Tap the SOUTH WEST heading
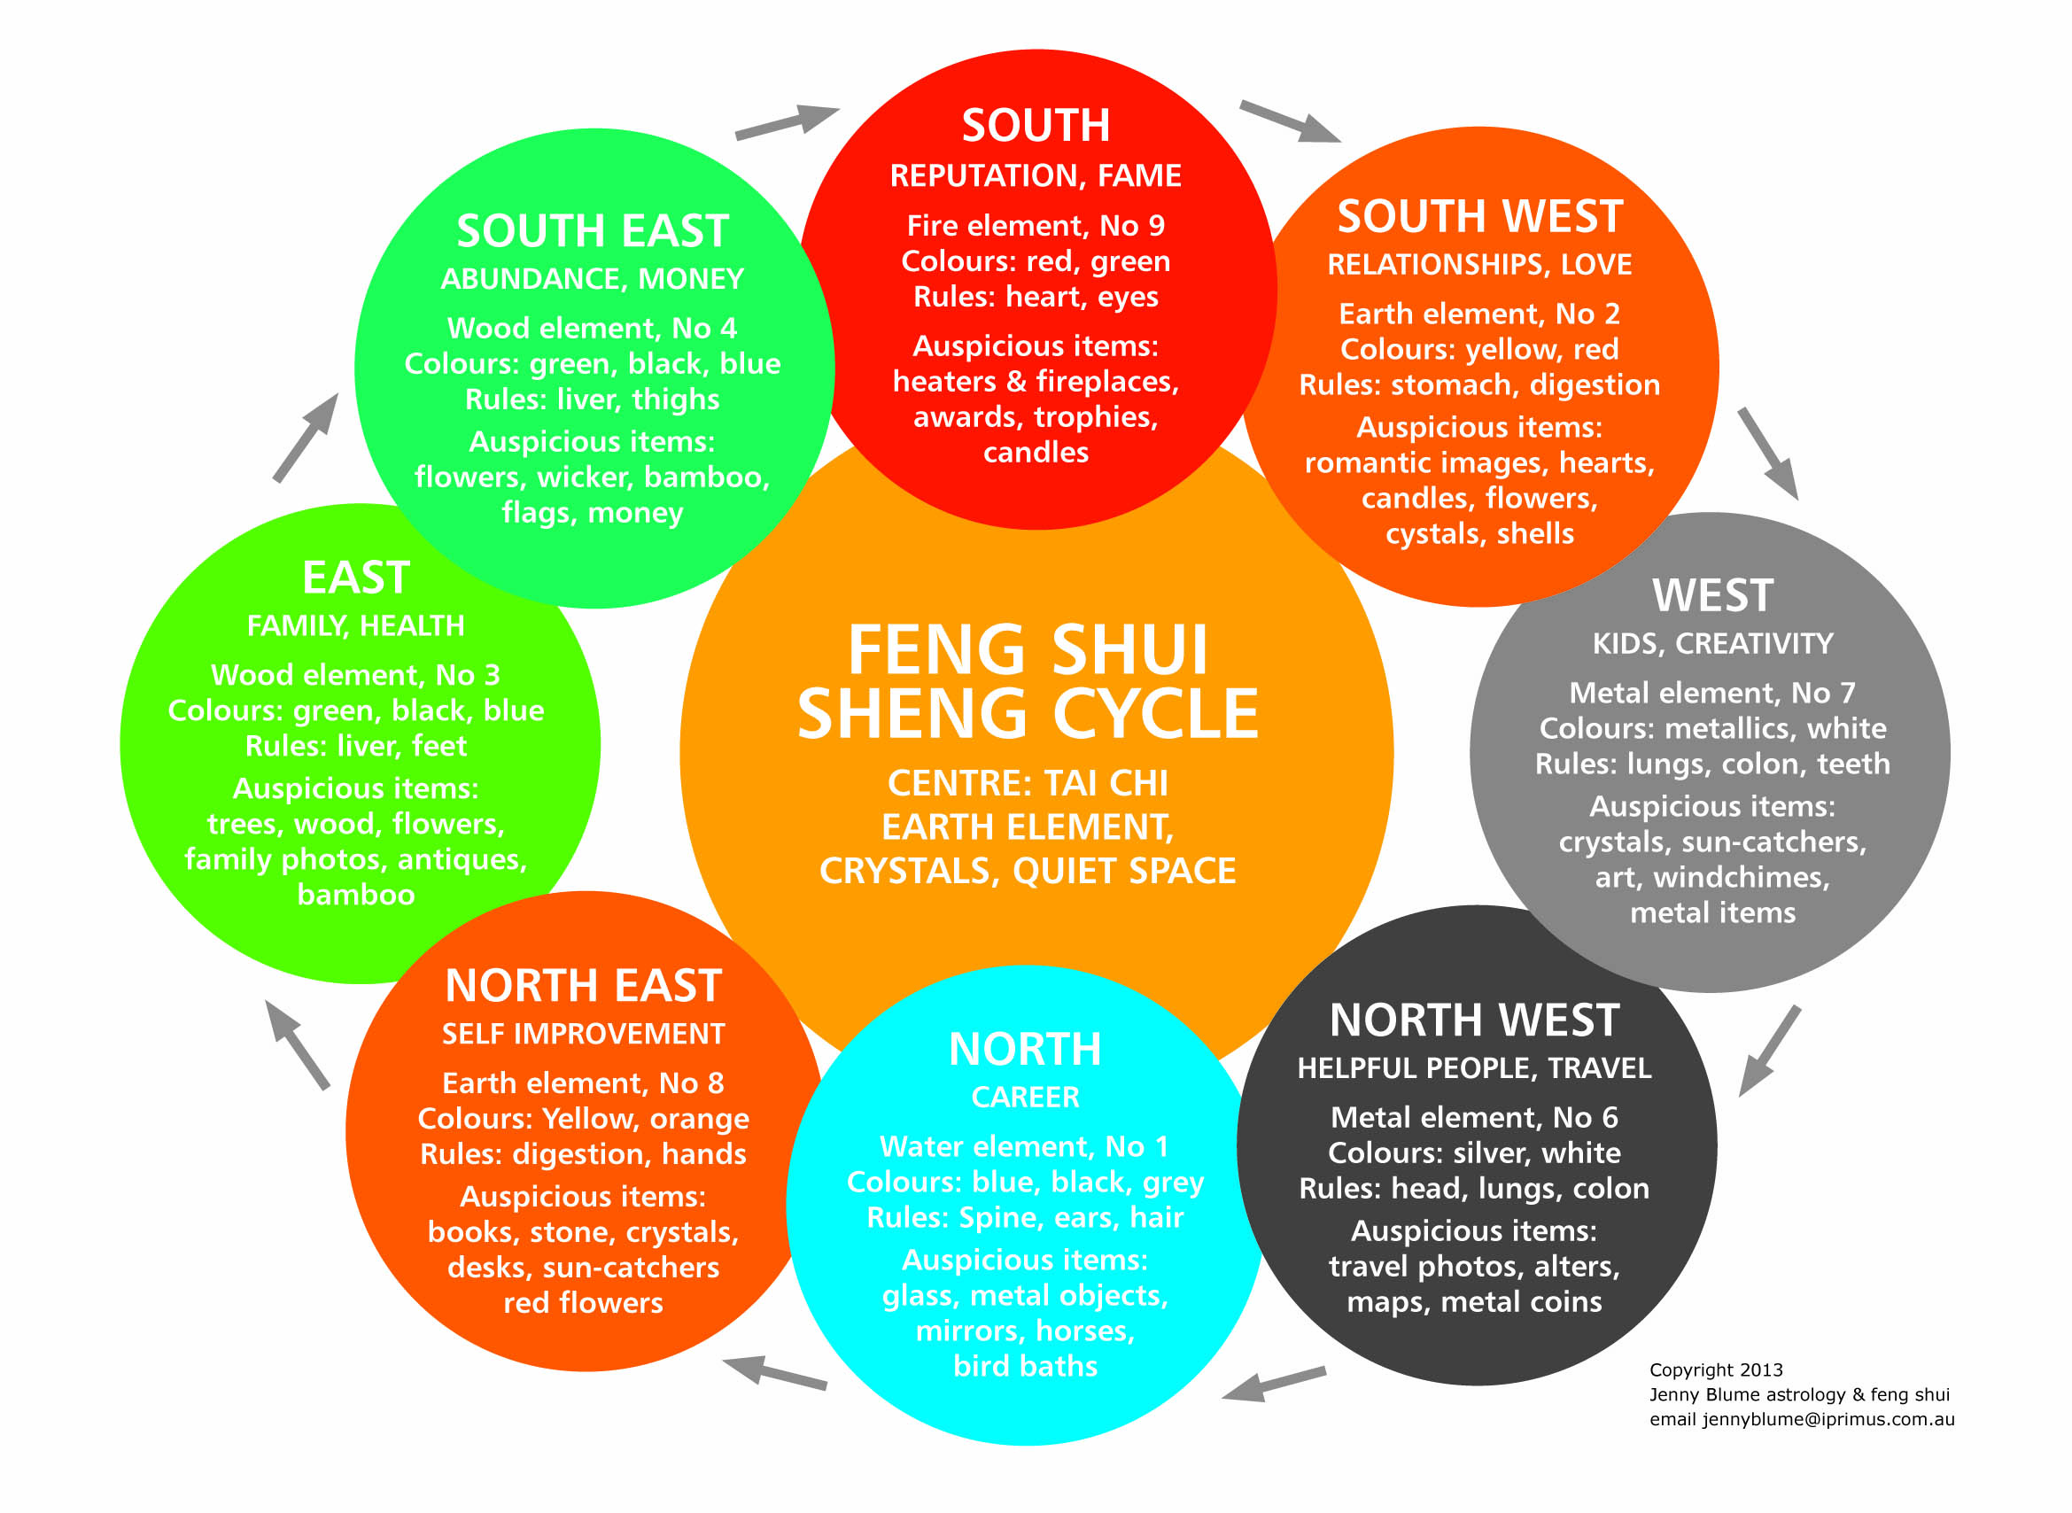click(x=1479, y=217)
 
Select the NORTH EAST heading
click(x=584, y=985)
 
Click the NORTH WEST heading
click(x=1474, y=1020)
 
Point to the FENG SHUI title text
click(x=1028, y=649)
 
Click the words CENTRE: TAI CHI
click(x=1028, y=783)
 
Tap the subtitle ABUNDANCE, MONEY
click(x=593, y=278)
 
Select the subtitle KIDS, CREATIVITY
click(x=1712, y=643)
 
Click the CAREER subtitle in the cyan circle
click(x=1025, y=1098)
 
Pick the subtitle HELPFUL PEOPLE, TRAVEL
click(x=1474, y=1068)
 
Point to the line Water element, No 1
click(x=1024, y=1146)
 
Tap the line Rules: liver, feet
click(x=356, y=746)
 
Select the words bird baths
click(x=1025, y=1367)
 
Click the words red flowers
click(x=584, y=1302)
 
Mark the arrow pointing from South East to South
click(x=787, y=122)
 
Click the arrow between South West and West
click(x=1768, y=454)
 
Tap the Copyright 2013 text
click(x=1716, y=1370)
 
